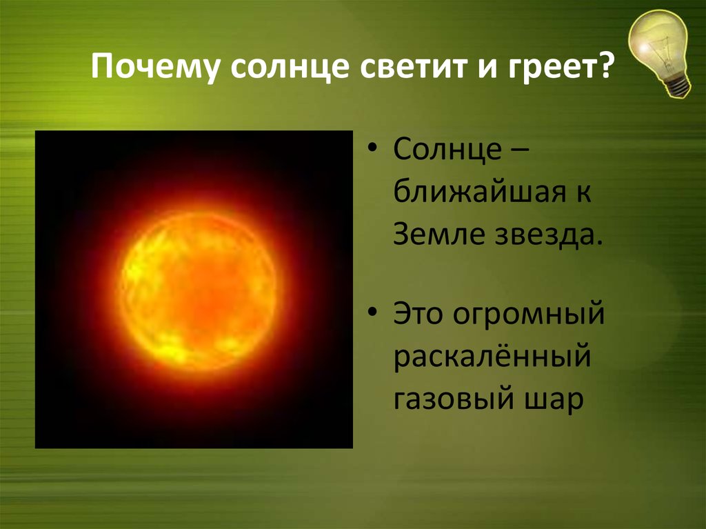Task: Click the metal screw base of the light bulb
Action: [x=678, y=85]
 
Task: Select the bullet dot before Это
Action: [x=372, y=312]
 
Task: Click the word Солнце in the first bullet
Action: [x=447, y=149]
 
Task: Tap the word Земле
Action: [x=439, y=234]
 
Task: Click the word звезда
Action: [x=548, y=235]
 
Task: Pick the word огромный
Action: [x=529, y=315]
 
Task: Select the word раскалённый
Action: [x=492, y=356]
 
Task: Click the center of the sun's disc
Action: [x=198, y=290]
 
